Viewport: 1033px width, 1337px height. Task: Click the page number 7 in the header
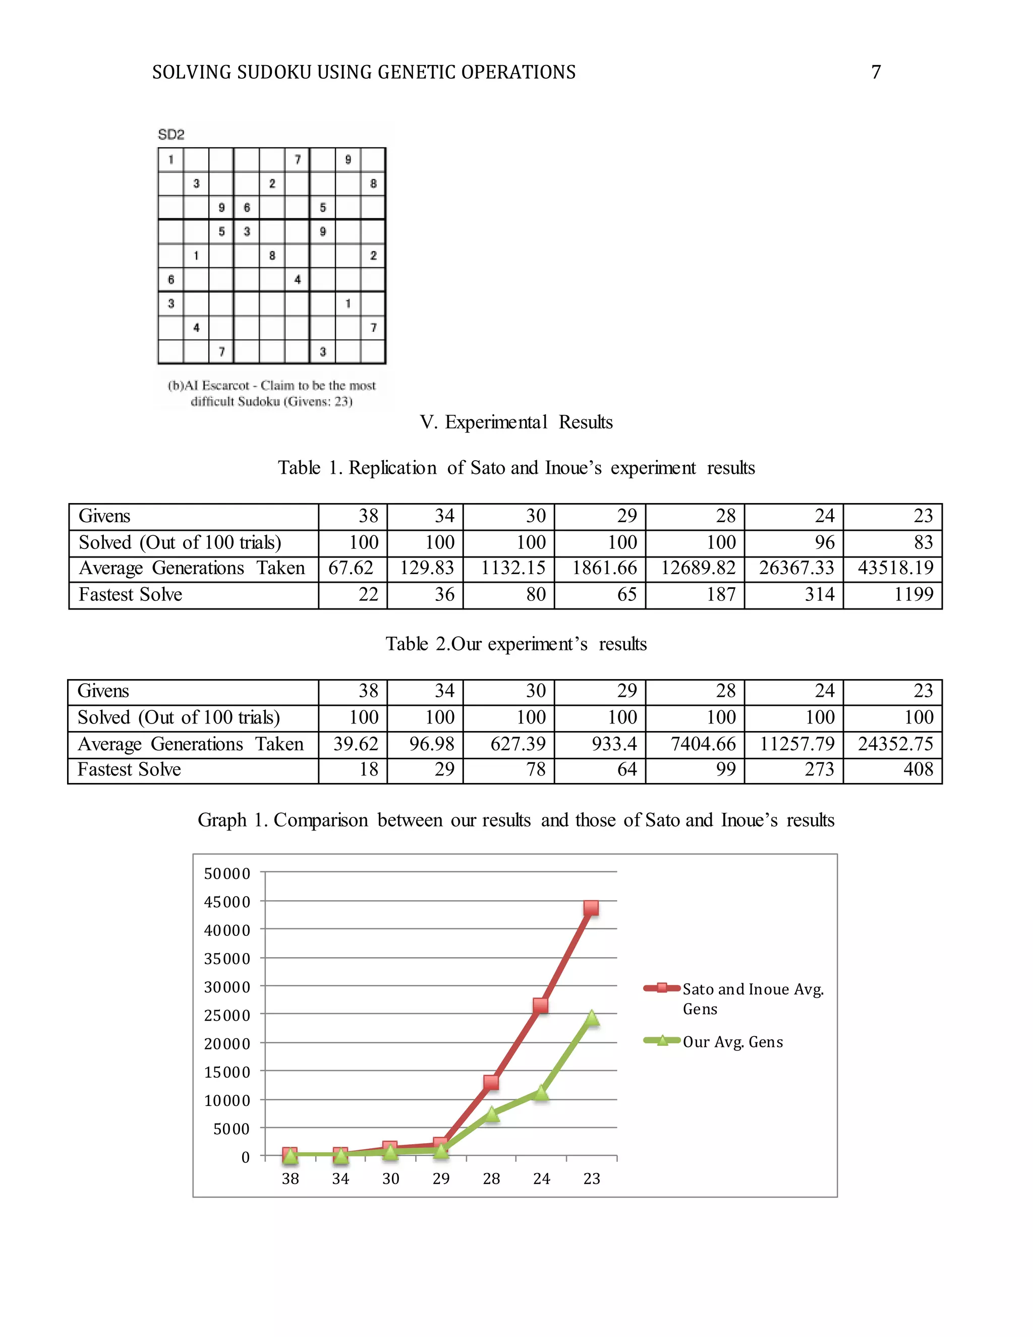pos(876,72)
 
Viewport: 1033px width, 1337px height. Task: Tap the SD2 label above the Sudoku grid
pos(171,135)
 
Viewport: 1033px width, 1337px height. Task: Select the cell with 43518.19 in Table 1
pos(895,568)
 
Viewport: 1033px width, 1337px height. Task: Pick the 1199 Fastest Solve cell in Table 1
pos(913,594)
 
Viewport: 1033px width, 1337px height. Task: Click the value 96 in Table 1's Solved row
pos(824,542)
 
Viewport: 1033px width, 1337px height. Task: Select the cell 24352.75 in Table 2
pos(895,744)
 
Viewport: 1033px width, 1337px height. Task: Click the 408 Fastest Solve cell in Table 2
pos(918,769)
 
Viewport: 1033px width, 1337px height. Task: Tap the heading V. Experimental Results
pos(516,422)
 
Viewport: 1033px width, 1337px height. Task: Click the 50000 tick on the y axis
pos(227,873)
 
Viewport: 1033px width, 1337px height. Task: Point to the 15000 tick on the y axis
pos(227,1073)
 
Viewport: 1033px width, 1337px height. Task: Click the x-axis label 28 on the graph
pos(491,1179)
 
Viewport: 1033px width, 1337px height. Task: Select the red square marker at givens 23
pos(591,908)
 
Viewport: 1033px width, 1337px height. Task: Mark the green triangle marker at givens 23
pos(592,1018)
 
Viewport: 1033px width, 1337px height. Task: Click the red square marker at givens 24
pos(540,1006)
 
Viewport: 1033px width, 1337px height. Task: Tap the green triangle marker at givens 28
pos(491,1114)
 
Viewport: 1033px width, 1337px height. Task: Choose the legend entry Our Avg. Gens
pos(732,1042)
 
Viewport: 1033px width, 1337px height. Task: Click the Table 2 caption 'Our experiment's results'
pos(516,644)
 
